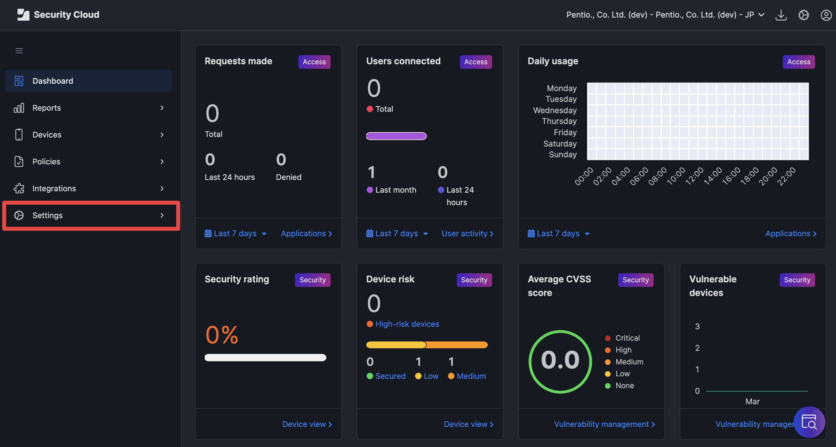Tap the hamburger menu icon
[19, 51]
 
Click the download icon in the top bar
[781, 15]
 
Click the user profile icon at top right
[826, 15]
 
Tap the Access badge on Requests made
[314, 62]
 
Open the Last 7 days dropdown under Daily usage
[558, 233]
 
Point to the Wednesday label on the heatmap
[555, 110]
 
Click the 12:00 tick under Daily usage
[695, 176]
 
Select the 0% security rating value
[222, 335]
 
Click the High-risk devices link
[407, 324]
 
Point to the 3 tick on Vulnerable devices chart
[697, 326]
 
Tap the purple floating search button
[809, 422]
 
